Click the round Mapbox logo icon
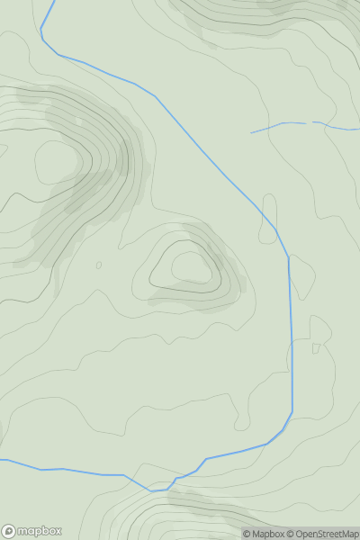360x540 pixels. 9,531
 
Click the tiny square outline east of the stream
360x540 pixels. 316,348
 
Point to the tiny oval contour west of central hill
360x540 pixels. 98,265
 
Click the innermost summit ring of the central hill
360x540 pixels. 189,266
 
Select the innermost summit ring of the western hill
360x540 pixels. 57,162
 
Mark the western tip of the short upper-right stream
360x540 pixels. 251,133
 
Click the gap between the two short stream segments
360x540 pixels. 310,122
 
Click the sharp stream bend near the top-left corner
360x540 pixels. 41,37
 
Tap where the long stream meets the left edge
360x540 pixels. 2,460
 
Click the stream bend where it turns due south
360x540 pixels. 288,257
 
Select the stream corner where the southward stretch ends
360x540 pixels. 292,413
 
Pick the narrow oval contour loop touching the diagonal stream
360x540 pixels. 268,231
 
